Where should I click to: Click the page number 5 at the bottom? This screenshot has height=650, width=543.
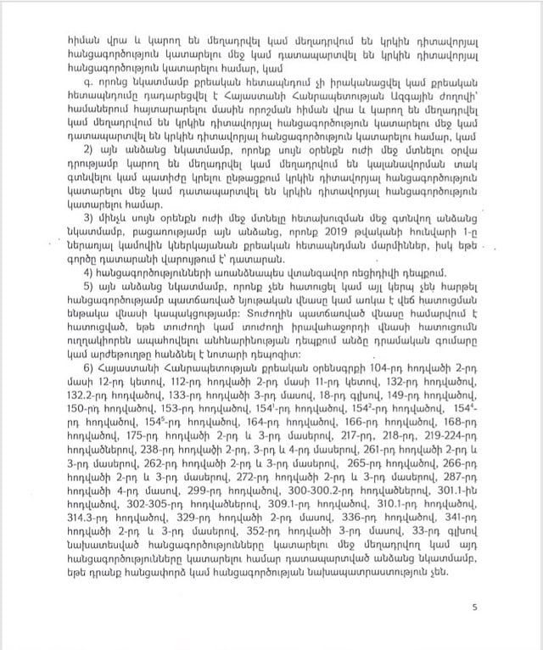(x=476, y=606)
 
